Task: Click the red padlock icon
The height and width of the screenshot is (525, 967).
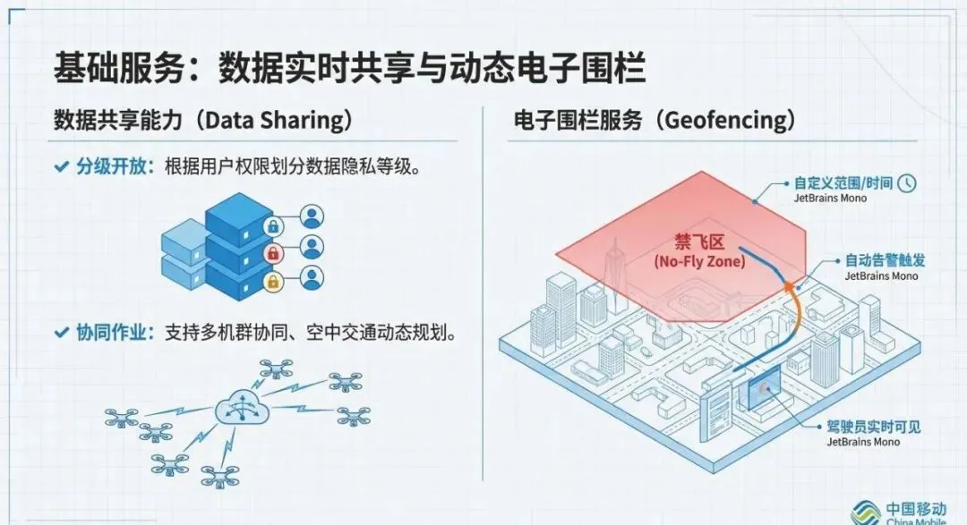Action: click(x=272, y=253)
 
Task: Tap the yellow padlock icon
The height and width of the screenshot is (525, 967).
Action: click(x=272, y=280)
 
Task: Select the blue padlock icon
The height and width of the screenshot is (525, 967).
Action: click(x=272, y=225)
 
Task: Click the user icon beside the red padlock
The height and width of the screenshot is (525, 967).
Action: click(x=311, y=248)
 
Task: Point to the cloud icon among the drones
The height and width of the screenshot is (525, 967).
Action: click(x=238, y=411)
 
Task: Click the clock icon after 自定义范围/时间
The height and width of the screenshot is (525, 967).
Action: click(x=908, y=182)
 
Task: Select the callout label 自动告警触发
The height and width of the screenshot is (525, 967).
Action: click(x=885, y=261)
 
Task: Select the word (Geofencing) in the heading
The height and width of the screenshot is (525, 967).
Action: click(x=726, y=121)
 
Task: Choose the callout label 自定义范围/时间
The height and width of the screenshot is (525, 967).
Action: click(x=843, y=182)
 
